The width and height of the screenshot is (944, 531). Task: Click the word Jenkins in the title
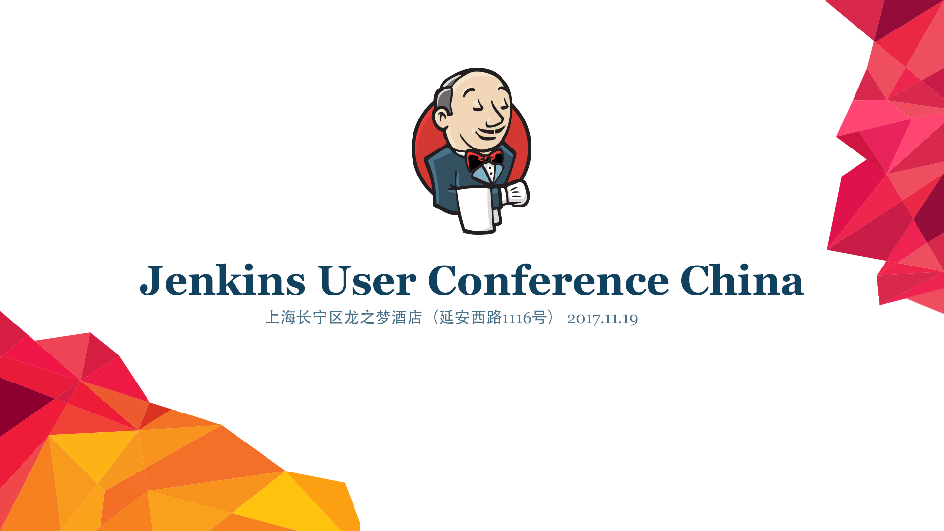(x=223, y=280)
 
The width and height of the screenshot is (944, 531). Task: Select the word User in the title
(x=366, y=280)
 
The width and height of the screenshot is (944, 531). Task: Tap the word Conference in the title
(x=548, y=280)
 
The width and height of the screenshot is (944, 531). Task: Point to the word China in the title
(x=742, y=280)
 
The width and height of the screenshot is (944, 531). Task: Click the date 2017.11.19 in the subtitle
(x=602, y=319)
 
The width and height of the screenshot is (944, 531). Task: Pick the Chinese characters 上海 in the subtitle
(x=280, y=318)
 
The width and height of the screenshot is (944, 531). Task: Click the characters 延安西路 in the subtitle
(x=470, y=318)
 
